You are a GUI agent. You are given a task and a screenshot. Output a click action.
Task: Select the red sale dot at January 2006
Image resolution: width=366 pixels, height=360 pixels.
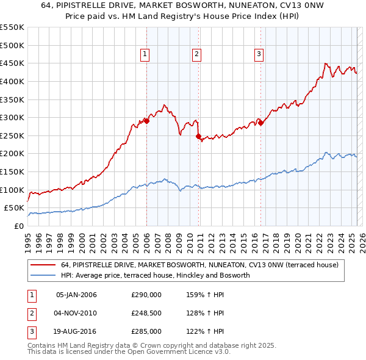[146, 121]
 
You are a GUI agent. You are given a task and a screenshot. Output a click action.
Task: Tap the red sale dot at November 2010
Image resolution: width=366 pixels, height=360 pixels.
[199, 136]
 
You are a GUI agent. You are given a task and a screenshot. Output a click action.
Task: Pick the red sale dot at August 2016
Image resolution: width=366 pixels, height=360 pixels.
[260, 123]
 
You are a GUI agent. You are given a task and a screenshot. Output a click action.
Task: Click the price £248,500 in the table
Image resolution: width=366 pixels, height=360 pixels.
[146, 314]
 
